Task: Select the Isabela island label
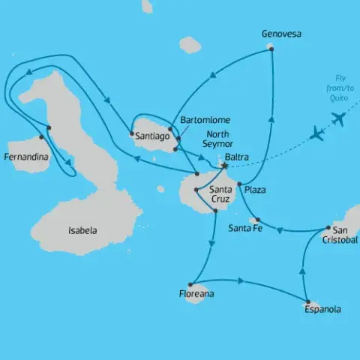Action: click(x=82, y=230)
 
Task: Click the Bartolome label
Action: click(x=206, y=120)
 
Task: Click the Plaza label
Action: click(x=255, y=190)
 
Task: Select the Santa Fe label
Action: click(x=244, y=228)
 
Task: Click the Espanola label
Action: click(x=322, y=309)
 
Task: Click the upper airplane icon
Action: click(x=338, y=118)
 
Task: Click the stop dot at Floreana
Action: click(x=190, y=284)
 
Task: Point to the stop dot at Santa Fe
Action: click(x=258, y=220)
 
